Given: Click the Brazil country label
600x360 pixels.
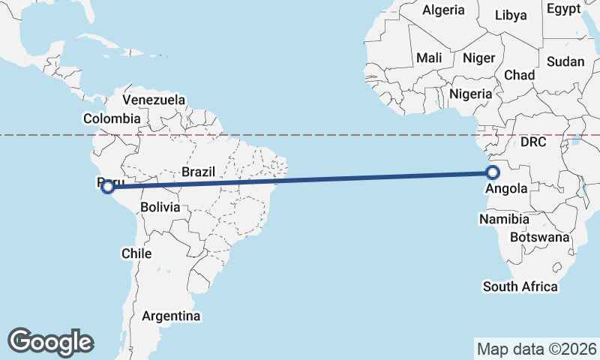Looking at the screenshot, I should (198, 172).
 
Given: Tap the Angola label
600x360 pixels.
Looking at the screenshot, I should (506, 189).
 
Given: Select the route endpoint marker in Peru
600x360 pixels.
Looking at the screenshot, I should (108, 186).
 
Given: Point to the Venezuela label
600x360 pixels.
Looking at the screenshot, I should (154, 100).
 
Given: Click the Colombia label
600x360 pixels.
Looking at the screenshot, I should (112, 118).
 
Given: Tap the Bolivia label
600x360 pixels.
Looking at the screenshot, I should (160, 206).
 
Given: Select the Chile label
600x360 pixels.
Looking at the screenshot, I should (136, 253).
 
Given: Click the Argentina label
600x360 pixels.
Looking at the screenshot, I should (171, 316).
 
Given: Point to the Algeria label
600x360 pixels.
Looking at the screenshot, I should (443, 10).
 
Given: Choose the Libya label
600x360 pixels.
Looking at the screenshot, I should (511, 15).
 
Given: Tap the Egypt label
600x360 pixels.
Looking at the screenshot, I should (564, 9).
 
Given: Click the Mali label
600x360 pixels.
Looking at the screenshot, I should (429, 58).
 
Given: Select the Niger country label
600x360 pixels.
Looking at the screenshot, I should (479, 58).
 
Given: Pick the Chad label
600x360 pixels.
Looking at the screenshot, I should (520, 75).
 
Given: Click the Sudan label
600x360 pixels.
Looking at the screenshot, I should (565, 61).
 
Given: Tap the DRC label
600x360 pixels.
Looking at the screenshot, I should (534, 141).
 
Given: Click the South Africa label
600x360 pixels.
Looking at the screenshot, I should (520, 286).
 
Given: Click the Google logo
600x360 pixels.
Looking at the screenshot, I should (50, 341).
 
